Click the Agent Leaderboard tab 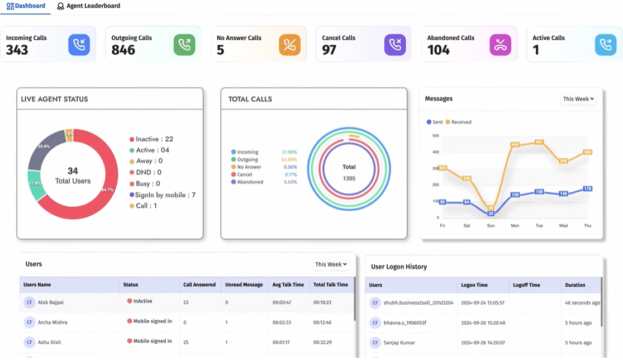[x=89, y=6]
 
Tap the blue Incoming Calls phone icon [x=79, y=45]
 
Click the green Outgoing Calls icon [x=184, y=45]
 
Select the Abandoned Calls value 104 [x=439, y=50]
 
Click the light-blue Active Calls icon [x=605, y=45]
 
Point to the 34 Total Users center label [x=73, y=176]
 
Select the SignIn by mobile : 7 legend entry [x=162, y=195]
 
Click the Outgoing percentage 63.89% [x=289, y=159]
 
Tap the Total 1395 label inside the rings [x=349, y=172]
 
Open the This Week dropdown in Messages [x=578, y=99]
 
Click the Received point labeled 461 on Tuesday [x=539, y=142]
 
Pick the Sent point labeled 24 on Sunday [x=491, y=214]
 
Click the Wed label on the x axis [x=563, y=226]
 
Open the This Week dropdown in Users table [x=331, y=264]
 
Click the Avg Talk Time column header [x=288, y=285]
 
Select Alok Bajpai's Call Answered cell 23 [x=187, y=302]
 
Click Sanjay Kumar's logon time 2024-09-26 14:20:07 [x=483, y=343]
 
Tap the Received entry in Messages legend [x=459, y=122]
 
